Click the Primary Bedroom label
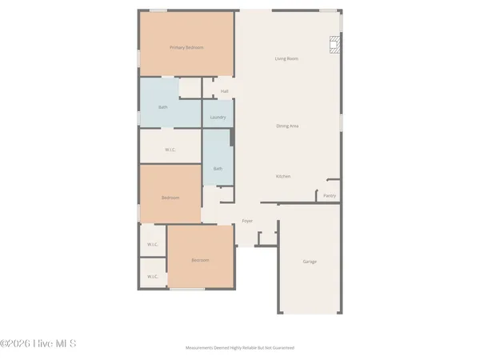tap(186, 47)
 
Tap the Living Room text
tap(287, 58)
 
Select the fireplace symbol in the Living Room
tap(334, 45)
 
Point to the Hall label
tap(225, 91)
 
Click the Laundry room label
tap(218, 118)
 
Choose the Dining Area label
tap(287, 126)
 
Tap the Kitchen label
tap(283, 176)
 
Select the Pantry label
tap(330, 195)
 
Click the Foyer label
tap(247, 221)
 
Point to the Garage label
tap(310, 262)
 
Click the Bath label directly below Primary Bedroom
tap(163, 107)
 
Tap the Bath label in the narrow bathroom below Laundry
tap(218, 169)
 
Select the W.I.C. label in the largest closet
tap(170, 150)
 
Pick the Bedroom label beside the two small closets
tap(200, 260)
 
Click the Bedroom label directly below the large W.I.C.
tap(170, 198)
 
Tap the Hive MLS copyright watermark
tap(38, 344)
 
